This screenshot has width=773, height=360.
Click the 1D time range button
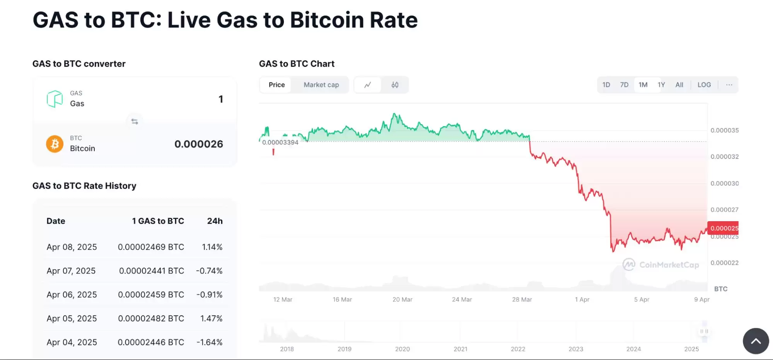pyautogui.click(x=606, y=85)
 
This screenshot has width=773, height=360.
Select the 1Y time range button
pyautogui.click(x=661, y=85)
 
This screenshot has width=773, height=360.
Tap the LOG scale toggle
pyautogui.click(x=704, y=85)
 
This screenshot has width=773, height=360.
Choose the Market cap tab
pyautogui.click(x=321, y=85)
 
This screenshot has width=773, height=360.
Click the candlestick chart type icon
pyautogui.click(x=395, y=85)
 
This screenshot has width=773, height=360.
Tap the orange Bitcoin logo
pyautogui.click(x=55, y=144)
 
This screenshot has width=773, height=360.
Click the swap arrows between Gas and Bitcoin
pyautogui.click(x=135, y=121)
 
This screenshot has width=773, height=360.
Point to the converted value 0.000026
pyautogui.click(x=198, y=144)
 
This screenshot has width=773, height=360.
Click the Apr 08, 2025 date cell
pyautogui.click(x=72, y=247)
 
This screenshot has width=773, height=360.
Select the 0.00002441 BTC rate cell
pyautogui.click(x=151, y=271)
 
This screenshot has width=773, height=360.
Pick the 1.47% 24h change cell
pyautogui.click(x=211, y=319)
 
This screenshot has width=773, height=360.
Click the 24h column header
pyautogui.click(x=215, y=221)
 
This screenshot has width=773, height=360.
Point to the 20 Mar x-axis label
pyautogui.click(x=402, y=300)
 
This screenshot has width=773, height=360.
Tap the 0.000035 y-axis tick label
pyautogui.click(x=724, y=130)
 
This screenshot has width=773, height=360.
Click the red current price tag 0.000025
pyautogui.click(x=723, y=228)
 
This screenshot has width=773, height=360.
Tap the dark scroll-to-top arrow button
pyautogui.click(x=756, y=341)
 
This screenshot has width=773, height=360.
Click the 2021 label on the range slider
pyautogui.click(x=460, y=349)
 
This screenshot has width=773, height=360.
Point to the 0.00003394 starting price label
pyautogui.click(x=280, y=142)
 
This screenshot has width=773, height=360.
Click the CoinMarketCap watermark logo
pyautogui.click(x=629, y=264)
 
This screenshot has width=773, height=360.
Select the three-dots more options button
pyautogui.click(x=729, y=85)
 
